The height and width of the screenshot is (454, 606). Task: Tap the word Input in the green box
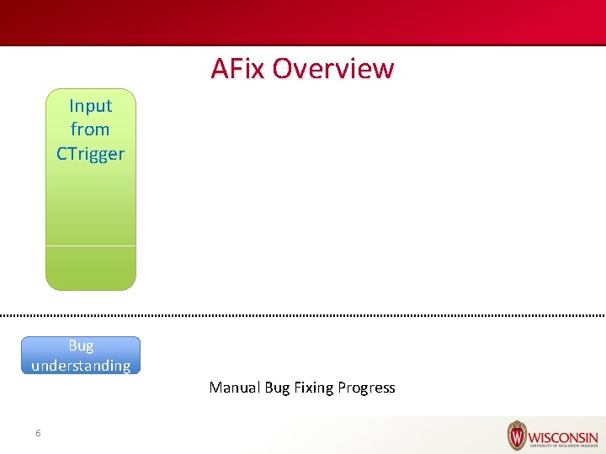[x=90, y=106]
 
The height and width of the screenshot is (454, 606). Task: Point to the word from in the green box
[x=90, y=129]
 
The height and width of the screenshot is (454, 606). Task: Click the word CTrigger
[x=90, y=154]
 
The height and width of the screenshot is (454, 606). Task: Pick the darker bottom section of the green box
[x=90, y=268]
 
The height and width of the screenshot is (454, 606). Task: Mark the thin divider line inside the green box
[x=90, y=245]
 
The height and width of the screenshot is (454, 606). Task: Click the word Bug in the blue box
[x=81, y=346]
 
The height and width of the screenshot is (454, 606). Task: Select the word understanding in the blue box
[x=81, y=366]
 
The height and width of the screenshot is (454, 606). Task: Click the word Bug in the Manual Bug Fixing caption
[x=277, y=388]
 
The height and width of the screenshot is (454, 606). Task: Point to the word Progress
[x=366, y=388]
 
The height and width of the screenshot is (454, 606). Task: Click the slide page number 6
[x=38, y=433]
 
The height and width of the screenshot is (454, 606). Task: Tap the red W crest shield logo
[x=516, y=436]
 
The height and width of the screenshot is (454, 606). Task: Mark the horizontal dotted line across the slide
[x=303, y=315]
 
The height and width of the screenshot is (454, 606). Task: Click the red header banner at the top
[x=303, y=22]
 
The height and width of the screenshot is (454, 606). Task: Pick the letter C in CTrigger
[x=61, y=154]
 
